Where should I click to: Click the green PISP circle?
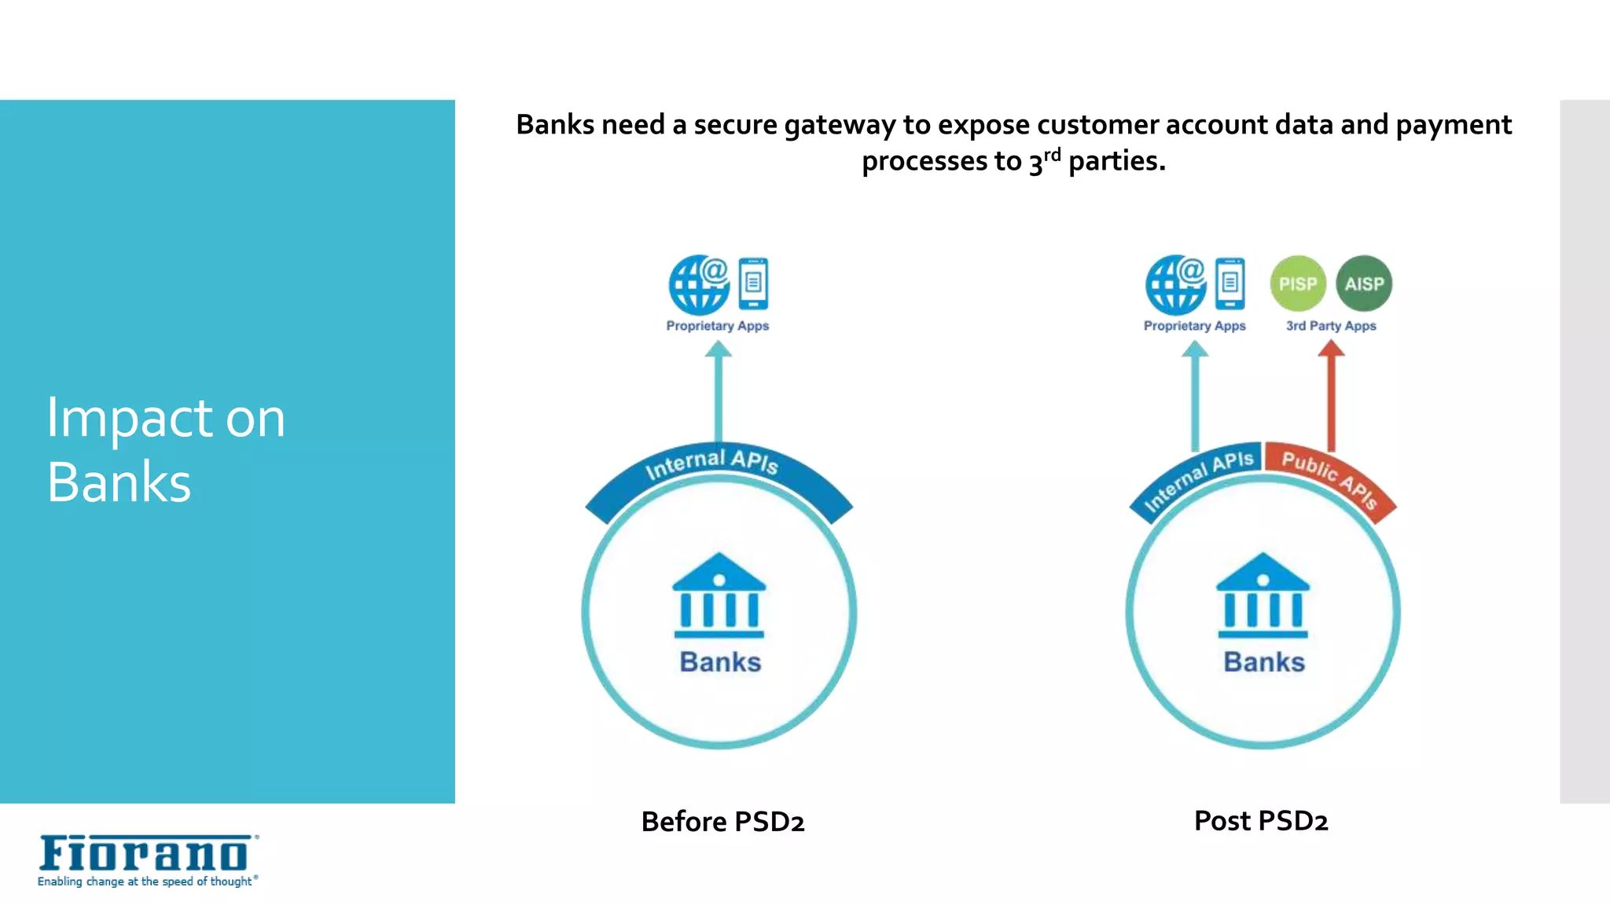pos(1298,284)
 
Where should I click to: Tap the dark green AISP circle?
pos(1364,284)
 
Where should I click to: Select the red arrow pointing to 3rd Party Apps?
pos(1331,397)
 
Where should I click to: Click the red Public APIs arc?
pos(1329,478)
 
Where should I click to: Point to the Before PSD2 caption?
pos(722,822)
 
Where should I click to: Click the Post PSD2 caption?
pos(1261,821)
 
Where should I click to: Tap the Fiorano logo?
pos(146,854)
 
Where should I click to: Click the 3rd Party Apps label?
pos(1331,325)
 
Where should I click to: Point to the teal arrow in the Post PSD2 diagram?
pos(1195,397)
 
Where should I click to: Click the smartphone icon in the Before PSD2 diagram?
pos(753,284)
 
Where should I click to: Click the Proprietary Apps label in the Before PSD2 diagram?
pos(717,325)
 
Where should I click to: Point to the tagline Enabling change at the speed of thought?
pos(146,881)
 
